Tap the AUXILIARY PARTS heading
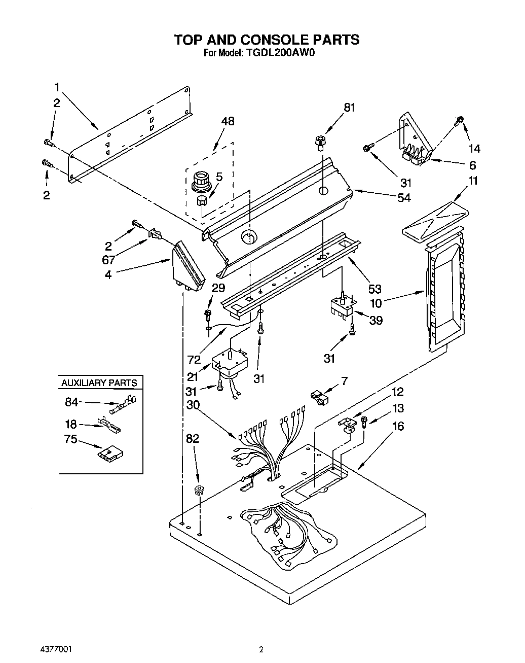pyautogui.click(x=99, y=382)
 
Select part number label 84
pyautogui.click(x=71, y=402)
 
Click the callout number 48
pyautogui.click(x=228, y=122)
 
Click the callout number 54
pyautogui.click(x=404, y=198)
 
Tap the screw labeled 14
pyautogui.click(x=460, y=121)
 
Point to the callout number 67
pyautogui.click(x=108, y=260)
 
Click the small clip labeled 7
pyautogui.click(x=319, y=397)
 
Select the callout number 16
pyautogui.click(x=398, y=426)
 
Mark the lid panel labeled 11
pyautogui.click(x=436, y=219)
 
